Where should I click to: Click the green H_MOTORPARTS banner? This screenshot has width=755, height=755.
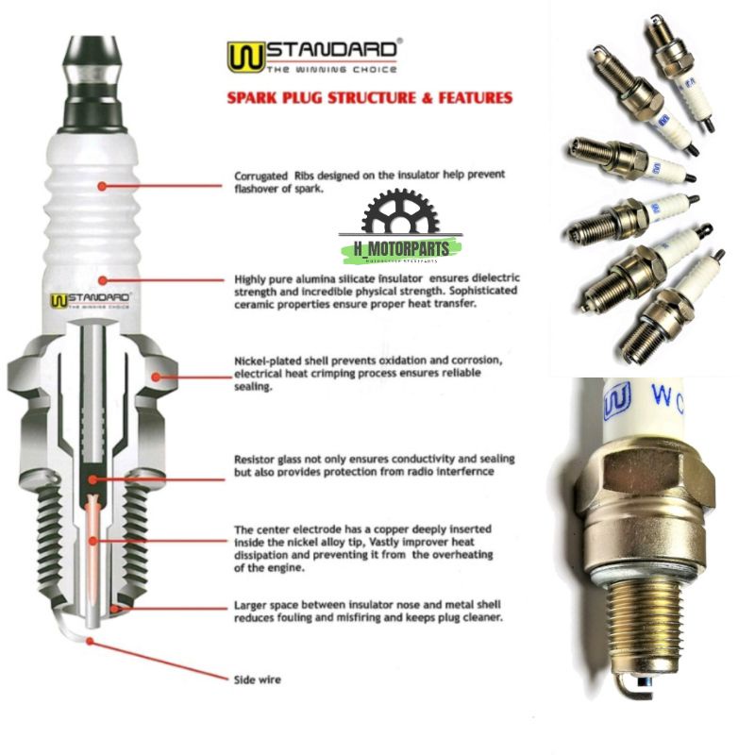[x=401, y=248]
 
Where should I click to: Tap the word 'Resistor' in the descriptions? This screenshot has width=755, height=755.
[x=256, y=459]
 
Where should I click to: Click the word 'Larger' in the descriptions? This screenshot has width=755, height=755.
[x=250, y=605]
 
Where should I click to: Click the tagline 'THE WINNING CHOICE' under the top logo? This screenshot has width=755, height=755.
[x=330, y=70]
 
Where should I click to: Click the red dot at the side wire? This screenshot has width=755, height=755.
[x=90, y=640]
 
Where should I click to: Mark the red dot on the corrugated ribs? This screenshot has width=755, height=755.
[x=101, y=186]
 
